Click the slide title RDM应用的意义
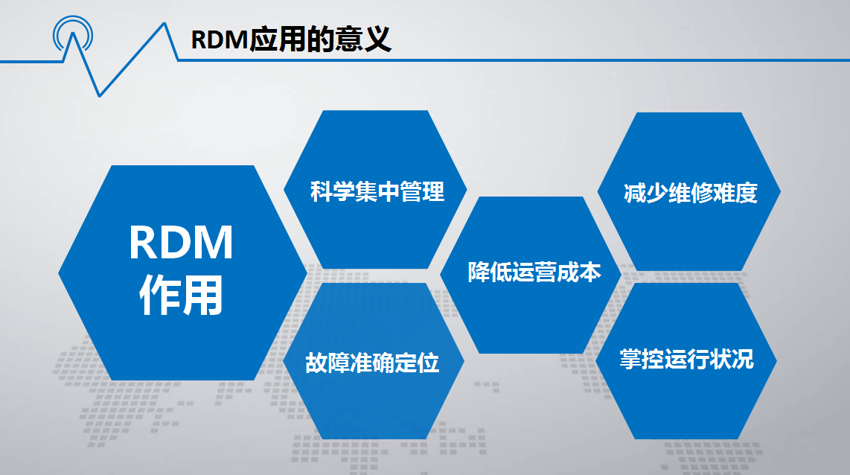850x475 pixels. tap(291, 39)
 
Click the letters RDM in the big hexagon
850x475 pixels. tap(181, 243)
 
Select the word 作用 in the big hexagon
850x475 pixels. tap(181, 295)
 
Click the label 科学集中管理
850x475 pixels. tap(377, 191)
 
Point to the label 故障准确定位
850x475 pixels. tap(372, 363)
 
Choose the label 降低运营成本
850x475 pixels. tap(534, 272)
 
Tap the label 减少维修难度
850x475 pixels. tap(691, 193)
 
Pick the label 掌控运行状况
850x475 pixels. tap(687, 359)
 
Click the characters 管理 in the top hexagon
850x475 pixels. tap(422, 191)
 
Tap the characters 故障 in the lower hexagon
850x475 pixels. tap(327, 363)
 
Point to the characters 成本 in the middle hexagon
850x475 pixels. tap(580, 272)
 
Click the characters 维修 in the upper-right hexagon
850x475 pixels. tap(691, 193)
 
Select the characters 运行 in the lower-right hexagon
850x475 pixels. tap(687, 359)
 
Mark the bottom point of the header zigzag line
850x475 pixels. tap(99, 97)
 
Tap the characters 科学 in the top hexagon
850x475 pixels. tap(332, 191)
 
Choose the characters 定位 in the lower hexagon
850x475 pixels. tap(418, 363)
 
